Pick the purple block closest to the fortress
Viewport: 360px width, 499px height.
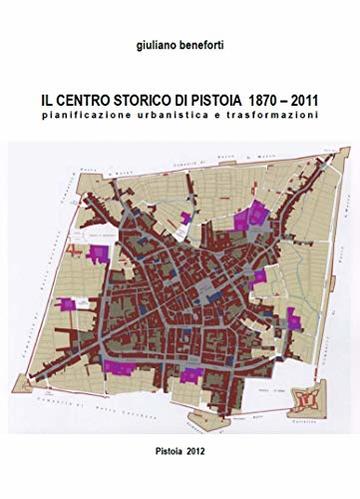click(293, 319)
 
